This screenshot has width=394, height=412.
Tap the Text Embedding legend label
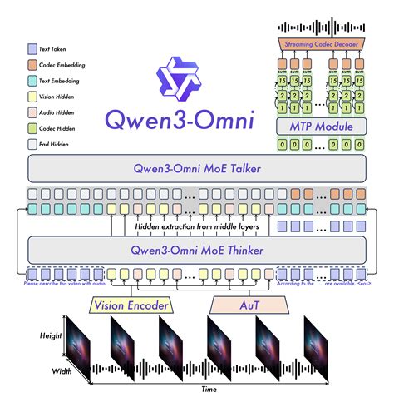coord(66,81)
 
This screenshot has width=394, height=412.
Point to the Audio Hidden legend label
coord(64,112)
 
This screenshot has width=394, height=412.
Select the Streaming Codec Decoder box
coord(323,42)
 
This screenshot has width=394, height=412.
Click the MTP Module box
coord(323,127)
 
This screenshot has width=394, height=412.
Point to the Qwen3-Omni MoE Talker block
coord(197,170)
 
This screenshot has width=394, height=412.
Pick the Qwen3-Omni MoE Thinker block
coord(197,249)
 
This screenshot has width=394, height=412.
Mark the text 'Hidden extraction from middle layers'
coord(197,226)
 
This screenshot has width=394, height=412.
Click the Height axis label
coord(51,335)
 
